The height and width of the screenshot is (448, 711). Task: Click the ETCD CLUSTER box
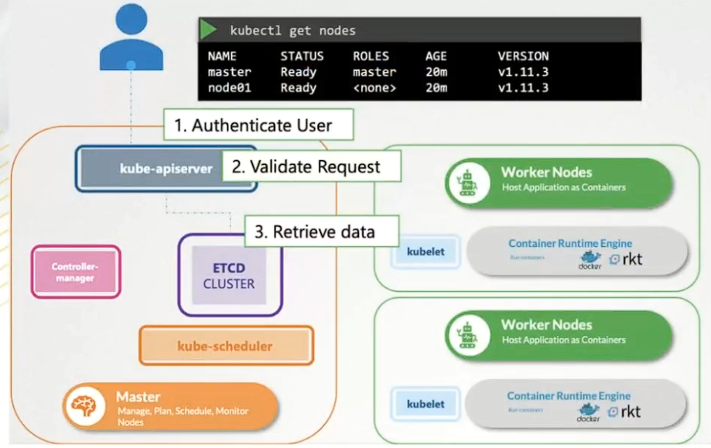(229, 275)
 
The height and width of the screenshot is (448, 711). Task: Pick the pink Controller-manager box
(76, 272)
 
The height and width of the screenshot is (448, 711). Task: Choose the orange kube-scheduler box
(225, 345)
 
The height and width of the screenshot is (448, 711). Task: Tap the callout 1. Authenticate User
(258, 125)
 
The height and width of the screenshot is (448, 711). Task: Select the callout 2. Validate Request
(312, 166)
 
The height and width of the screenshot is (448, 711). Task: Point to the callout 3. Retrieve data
(321, 231)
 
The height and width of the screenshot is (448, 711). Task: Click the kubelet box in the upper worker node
(426, 251)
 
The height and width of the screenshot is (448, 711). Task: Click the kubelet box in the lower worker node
(426, 403)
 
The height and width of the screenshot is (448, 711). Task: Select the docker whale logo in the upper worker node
(590, 259)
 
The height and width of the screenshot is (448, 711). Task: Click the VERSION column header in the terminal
(523, 56)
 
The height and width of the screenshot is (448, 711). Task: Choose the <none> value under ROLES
(374, 87)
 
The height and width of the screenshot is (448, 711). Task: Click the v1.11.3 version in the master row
(523, 72)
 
